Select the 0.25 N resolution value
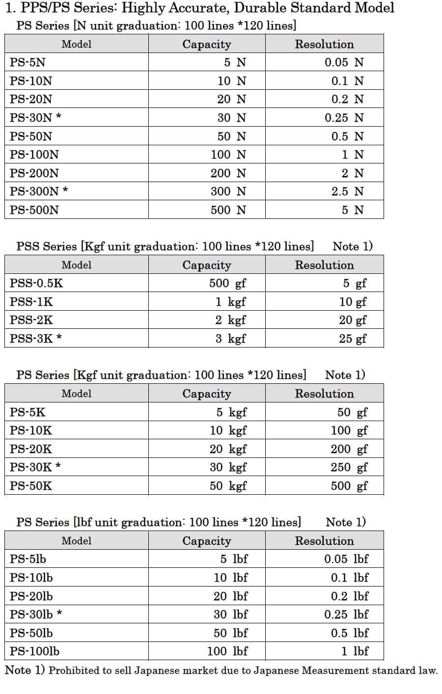pos(344,118)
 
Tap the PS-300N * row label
pos(39,191)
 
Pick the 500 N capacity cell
pos(228,210)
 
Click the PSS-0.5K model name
pos(36,283)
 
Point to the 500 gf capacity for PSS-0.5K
pos(227,283)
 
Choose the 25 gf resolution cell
pos(353,339)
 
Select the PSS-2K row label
pos(31,320)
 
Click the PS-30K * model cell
pos(35,467)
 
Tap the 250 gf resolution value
pos(349,467)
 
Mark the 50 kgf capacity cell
pos(228,486)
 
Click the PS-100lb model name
pos(34,651)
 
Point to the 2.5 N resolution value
pos(347,191)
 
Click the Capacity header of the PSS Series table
pos(206,265)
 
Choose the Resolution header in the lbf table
pos(324,541)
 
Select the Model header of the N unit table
pos(77,44)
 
